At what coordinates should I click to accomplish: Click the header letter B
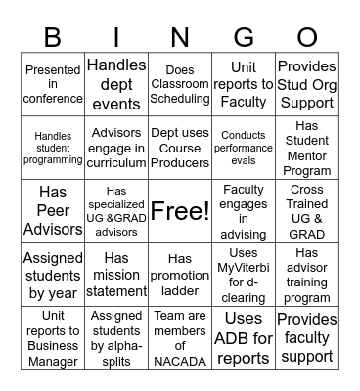point(52,38)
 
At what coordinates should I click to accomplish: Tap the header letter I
point(116,38)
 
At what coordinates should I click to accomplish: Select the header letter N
point(180,38)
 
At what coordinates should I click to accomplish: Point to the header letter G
point(244,38)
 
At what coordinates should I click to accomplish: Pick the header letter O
point(307,38)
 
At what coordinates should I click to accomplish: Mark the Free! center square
point(180,210)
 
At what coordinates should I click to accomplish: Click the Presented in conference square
point(53,85)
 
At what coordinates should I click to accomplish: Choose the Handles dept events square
point(116,85)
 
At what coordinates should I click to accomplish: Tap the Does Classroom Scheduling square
point(180,85)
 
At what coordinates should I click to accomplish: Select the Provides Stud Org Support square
point(307,85)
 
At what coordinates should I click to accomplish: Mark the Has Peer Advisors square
point(53,210)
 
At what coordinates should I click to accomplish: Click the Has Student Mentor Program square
point(307,148)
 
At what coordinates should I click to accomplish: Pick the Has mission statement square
point(116,274)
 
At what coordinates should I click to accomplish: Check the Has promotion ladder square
point(180,274)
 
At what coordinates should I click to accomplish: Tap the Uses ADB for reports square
point(244,337)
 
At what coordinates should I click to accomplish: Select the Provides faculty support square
point(307,337)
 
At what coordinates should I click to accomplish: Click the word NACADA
point(180,361)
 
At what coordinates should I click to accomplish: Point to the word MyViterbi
point(244,269)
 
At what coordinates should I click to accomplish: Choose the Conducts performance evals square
point(244,148)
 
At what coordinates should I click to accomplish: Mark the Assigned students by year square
point(53,274)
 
